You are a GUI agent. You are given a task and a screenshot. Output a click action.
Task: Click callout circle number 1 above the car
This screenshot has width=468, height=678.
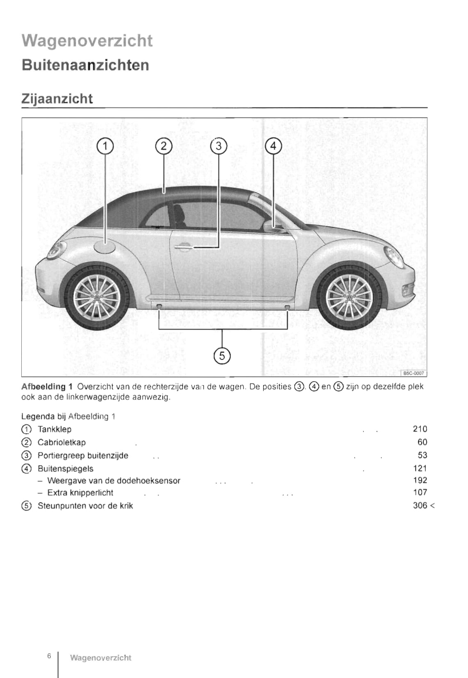pyautogui.click(x=105, y=146)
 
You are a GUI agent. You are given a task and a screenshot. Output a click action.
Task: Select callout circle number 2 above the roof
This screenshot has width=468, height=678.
pyautogui.click(x=164, y=146)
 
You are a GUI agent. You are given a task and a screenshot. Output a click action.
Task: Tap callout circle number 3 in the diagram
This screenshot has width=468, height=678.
pyautogui.click(x=218, y=146)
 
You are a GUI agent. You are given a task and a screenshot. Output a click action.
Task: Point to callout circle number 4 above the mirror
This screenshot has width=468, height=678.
pyautogui.click(x=273, y=146)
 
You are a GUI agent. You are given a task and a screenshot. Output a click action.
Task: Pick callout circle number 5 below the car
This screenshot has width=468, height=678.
pyautogui.click(x=222, y=355)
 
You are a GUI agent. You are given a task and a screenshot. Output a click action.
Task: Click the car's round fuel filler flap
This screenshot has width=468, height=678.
pyautogui.click(x=105, y=248)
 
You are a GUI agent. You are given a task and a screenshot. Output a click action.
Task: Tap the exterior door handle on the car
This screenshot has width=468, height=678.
pyautogui.click(x=183, y=247)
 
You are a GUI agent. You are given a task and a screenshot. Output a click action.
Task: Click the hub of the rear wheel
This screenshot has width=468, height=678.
pyautogui.click(x=97, y=298)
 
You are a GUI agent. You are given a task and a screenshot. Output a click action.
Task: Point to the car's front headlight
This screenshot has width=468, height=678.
pyautogui.click(x=394, y=257)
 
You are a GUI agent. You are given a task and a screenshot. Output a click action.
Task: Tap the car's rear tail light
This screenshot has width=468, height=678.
pyautogui.click(x=57, y=250)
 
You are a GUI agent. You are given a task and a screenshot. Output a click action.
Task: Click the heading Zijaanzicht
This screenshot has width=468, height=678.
pyautogui.click(x=57, y=99)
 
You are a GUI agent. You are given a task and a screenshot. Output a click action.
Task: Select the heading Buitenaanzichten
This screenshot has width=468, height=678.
pyautogui.click(x=85, y=65)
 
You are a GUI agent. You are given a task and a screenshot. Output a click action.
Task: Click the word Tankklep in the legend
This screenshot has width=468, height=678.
pyautogui.click(x=55, y=429)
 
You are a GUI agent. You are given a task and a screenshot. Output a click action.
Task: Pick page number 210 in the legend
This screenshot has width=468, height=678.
pyautogui.click(x=420, y=429)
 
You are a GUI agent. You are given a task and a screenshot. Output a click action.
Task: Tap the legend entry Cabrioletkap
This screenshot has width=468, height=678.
pyautogui.click(x=61, y=442)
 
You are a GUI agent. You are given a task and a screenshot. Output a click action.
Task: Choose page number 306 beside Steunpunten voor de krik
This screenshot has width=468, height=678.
pyautogui.click(x=420, y=505)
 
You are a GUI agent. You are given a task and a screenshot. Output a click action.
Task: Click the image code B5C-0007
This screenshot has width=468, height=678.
pyautogui.click(x=413, y=373)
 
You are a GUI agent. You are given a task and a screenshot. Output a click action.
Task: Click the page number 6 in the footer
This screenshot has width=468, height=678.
pyautogui.click(x=49, y=656)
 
